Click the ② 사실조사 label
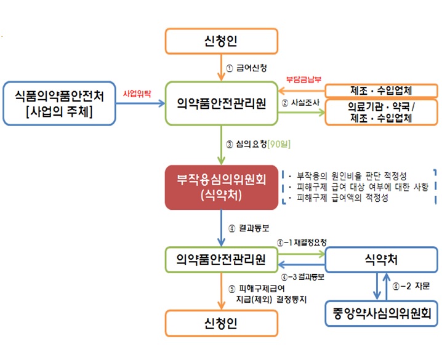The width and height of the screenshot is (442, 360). [x=299, y=103]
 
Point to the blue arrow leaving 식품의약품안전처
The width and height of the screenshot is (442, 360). [x=143, y=103]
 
